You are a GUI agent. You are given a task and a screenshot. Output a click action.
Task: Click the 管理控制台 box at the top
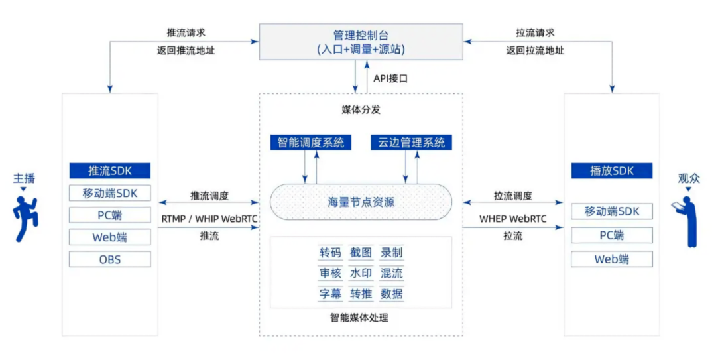(361, 42)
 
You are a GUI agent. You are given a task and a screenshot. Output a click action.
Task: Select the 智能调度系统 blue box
(310, 143)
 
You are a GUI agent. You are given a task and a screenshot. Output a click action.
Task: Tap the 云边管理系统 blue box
(412, 143)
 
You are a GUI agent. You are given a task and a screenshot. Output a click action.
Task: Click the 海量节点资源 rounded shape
(361, 202)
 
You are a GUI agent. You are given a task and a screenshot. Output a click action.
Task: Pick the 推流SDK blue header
(109, 171)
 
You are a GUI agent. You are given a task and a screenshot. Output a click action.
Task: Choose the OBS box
(109, 259)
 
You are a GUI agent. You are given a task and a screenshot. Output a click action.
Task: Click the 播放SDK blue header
(612, 171)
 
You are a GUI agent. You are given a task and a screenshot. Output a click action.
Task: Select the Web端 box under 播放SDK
(612, 259)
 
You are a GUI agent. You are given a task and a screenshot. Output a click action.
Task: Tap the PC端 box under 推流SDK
(109, 215)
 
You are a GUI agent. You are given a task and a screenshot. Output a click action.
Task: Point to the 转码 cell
(330, 253)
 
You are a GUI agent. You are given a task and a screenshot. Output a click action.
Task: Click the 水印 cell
(361, 273)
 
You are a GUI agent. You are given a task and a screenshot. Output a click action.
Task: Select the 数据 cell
(391, 294)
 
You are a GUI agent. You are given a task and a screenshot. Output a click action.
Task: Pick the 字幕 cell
(330, 294)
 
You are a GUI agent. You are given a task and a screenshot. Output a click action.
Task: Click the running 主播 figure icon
(25, 218)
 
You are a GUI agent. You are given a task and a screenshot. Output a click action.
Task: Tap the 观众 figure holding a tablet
(687, 221)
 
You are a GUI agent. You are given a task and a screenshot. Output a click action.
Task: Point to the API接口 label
(390, 79)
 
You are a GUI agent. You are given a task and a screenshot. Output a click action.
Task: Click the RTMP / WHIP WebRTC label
(209, 219)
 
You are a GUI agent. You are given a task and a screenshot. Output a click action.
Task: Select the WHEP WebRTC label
(512, 219)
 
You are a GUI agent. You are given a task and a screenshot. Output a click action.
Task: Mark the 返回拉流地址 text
(535, 50)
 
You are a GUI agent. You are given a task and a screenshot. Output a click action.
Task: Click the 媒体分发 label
(361, 109)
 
